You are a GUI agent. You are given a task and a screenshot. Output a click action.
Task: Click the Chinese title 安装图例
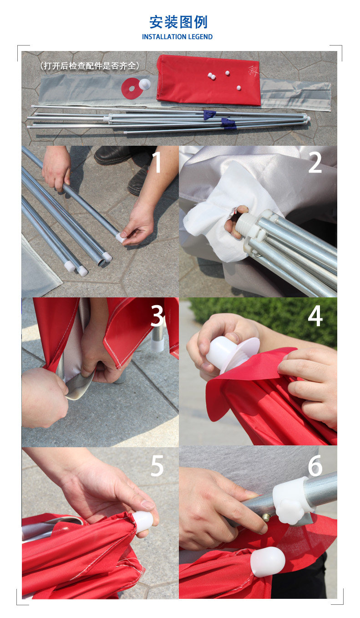178,22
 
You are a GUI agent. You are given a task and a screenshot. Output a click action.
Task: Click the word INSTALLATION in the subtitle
164,37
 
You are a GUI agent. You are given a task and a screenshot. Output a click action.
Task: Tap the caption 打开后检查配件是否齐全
90,66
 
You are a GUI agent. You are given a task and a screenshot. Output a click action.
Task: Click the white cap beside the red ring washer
144,84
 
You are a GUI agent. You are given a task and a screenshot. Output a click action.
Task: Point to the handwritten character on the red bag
253,71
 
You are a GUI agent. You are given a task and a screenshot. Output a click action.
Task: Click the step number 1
157,163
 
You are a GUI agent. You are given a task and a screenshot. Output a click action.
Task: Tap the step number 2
315,163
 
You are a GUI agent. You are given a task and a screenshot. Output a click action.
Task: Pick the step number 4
315,316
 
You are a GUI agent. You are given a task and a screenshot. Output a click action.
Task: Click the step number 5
157,466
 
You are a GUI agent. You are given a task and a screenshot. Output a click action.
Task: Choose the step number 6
315,466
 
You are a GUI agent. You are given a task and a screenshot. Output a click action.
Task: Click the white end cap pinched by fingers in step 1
121,237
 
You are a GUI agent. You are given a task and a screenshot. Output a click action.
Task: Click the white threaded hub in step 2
245,225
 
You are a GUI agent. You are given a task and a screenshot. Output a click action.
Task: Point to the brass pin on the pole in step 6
266,517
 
